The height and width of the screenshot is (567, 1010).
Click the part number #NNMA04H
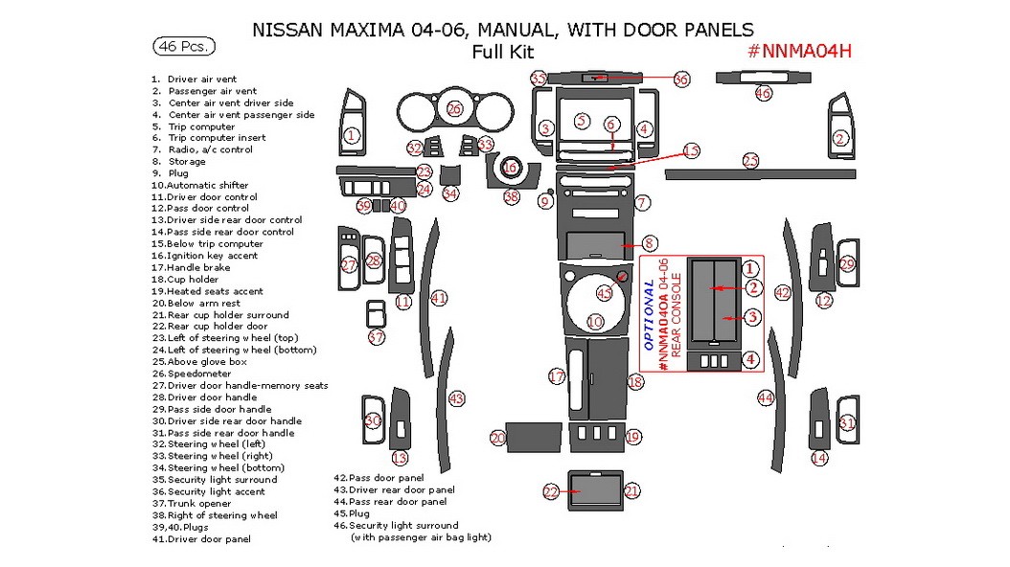pyautogui.click(x=798, y=51)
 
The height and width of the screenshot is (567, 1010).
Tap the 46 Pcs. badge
pyautogui.click(x=183, y=46)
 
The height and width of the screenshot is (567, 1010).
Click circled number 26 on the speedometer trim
pyautogui.click(x=454, y=109)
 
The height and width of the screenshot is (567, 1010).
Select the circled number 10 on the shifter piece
pyautogui.click(x=595, y=322)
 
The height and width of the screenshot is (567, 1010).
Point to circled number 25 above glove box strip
pyautogui.click(x=750, y=161)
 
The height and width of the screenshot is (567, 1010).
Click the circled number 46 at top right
pyautogui.click(x=763, y=93)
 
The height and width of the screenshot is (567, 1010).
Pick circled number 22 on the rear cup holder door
pyautogui.click(x=551, y=491)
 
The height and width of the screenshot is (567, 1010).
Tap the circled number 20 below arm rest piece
pyautogui.click(x=497, y=438)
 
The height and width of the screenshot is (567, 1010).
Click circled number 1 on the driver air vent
pyautogui.click(x=352, y=136)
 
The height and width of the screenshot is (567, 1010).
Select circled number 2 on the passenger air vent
pyautogui.click(x=840, y=138)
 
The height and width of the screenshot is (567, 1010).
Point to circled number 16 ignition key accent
pyautogui.click(x=511, y=167)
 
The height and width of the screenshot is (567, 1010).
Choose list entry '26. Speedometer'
pyautogui.click(x=194, y=374)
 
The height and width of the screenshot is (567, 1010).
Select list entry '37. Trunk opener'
pyautogui.click(x=192, y=504)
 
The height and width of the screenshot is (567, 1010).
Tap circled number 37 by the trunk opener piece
pyautogui.click(x=377, y=337)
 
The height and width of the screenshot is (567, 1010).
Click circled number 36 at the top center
pyautogui.click(x=681, y=79)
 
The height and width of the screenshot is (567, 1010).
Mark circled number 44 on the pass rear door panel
pyautogui.click(x=765, y=397)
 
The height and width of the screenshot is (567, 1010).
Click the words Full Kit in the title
pyautogui.click(x=502, y=53)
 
